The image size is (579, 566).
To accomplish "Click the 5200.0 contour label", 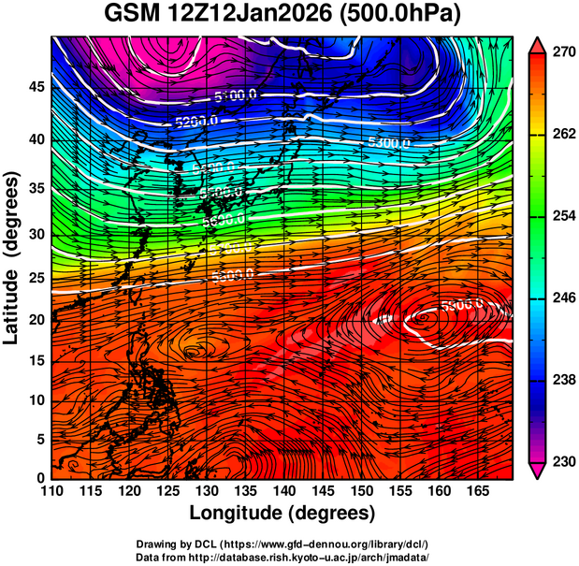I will coord(195,121).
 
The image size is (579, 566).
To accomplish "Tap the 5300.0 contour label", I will coord(388,142).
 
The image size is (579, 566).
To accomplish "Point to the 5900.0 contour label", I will coord(460,304).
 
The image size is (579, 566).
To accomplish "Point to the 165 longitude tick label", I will coord(476,491).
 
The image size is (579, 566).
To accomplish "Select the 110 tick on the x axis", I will coord(52,491).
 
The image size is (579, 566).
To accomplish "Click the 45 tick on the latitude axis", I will coord(36,86).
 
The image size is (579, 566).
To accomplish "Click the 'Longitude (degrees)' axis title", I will coord(282,513).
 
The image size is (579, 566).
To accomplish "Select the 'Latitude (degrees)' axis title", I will coord(13,257).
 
